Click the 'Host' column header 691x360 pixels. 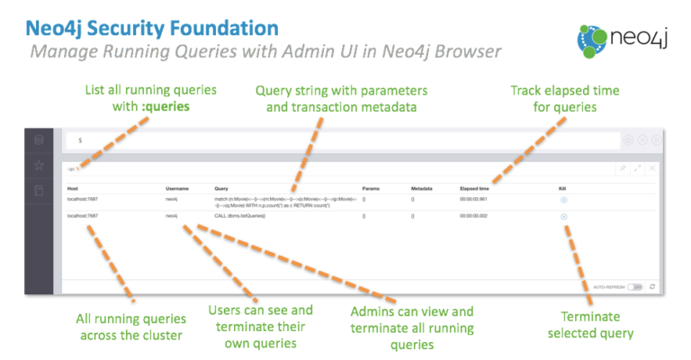pyautogui.click(x=73, y=187)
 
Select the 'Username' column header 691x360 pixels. pyautogui.click(x=177, y=187)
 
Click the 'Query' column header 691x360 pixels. pyautogui.click(x=221, y=187)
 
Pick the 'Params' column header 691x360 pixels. pyautogui.click(x=369, y=187)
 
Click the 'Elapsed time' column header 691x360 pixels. pyautogui.click(x=474, y=187)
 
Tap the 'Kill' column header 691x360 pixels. pyautogui.click(x=562, y=187)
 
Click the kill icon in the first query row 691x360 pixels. pyautogui.click(x=563, y=199)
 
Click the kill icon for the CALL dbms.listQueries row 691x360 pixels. pyautogui.click(x=563, y=217)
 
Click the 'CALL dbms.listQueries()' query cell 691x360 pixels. pyautogui.click(x=239, y=217)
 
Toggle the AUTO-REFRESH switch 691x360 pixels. pyautogui.click(x=636, y=286)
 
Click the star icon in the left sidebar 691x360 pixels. pyautogui.click(x=39, y=166)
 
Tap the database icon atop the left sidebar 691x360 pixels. pyautogui.click(x=39, y=140)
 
